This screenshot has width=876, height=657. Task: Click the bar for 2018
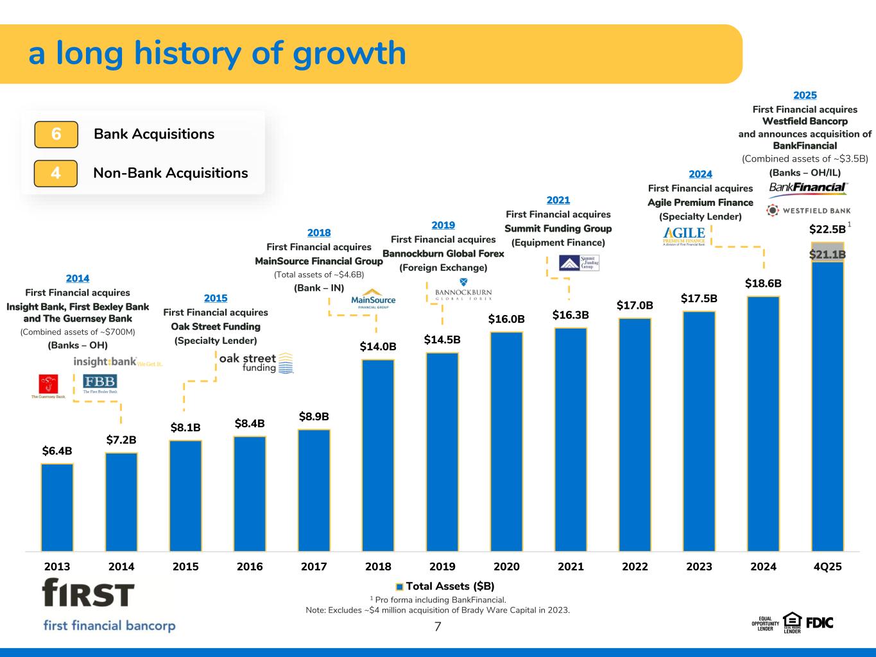tap(378, 455)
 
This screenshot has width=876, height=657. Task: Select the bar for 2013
tap(57, 507)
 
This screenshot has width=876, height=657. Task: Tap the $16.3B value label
tap(571, 315)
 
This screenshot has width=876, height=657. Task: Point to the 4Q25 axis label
tap(827, 567)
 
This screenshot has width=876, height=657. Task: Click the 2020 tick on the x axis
tap(506, 567)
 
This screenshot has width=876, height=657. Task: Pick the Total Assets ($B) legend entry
tap(445, 586)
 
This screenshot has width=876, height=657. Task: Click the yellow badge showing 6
tap(56, 134)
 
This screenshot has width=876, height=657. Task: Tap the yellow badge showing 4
tap(56, 173)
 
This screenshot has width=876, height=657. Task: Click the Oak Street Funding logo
tap(256, 363)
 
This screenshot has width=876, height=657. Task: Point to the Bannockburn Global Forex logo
tap(463, 291)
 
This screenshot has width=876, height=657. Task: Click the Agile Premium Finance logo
tap(684, 236)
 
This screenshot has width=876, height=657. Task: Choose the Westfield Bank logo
tap(809, 210)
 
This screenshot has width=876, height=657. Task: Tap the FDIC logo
tap(820, 622)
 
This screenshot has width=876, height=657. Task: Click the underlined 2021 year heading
tap(558, 200)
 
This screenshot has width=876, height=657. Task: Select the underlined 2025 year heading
tap(805, 96)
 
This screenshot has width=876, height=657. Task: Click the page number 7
tap(438, 627)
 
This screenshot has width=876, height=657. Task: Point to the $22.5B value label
tap(827, 229)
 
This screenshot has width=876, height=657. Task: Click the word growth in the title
tap(349, 53)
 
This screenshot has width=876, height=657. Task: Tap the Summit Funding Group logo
tap(578, 263)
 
